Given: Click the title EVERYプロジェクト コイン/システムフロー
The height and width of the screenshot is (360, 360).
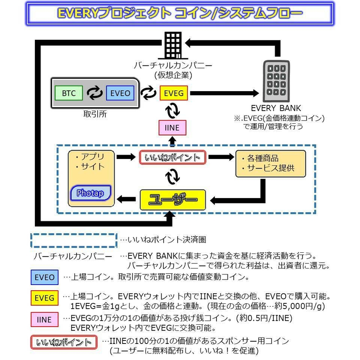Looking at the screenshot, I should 180,13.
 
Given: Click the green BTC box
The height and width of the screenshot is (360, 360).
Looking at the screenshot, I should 69,93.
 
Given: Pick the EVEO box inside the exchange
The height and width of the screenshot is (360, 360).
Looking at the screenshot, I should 120,93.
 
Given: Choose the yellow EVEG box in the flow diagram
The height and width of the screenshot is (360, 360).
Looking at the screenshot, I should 173,93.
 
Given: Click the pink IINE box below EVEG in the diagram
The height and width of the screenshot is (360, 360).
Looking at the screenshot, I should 172,128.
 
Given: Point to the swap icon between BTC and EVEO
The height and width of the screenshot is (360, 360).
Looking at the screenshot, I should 94,93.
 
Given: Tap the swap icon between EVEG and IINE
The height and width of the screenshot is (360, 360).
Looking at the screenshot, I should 172,111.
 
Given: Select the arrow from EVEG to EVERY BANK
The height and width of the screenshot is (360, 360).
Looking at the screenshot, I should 224,93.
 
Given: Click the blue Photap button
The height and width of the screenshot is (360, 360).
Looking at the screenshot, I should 90,193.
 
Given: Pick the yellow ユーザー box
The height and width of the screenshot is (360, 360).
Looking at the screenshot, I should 173,200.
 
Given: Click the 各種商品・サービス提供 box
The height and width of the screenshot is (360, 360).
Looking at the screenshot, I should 270,164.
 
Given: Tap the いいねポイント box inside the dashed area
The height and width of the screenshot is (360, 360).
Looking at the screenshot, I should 172,157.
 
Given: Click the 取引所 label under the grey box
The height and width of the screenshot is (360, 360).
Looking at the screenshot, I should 95,114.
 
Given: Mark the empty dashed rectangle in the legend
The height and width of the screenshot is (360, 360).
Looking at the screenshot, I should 74,240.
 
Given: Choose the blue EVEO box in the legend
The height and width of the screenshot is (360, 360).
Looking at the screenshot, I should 44,277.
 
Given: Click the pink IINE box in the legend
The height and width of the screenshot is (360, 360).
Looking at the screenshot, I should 44,319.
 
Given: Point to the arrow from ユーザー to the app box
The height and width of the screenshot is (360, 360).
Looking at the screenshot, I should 126,199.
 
